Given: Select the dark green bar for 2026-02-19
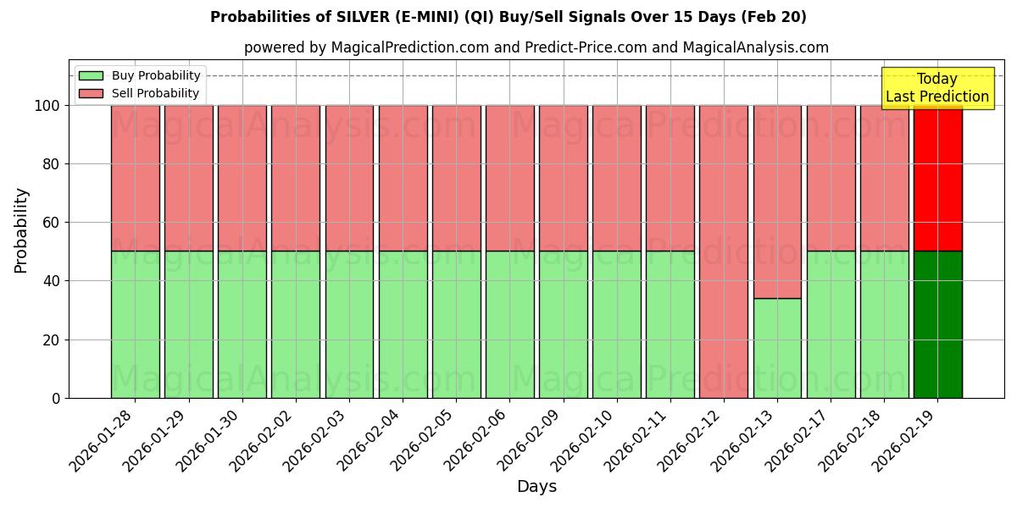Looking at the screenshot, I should [937, 324].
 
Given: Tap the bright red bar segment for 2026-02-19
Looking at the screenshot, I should [937, 178].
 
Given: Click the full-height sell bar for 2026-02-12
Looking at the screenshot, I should [724, 251].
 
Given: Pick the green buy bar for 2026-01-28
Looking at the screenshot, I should [136, 324].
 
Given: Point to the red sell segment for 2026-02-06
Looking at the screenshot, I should [509, 178].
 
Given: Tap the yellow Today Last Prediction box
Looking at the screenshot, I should [936, 88].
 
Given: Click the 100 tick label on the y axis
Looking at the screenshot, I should [46, 106].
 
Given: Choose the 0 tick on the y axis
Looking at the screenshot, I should [56, 398].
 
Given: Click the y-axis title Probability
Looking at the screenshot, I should [21, 230].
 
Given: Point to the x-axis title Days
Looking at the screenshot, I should [536, 487].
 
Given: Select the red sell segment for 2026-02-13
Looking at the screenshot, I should [777, 202].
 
